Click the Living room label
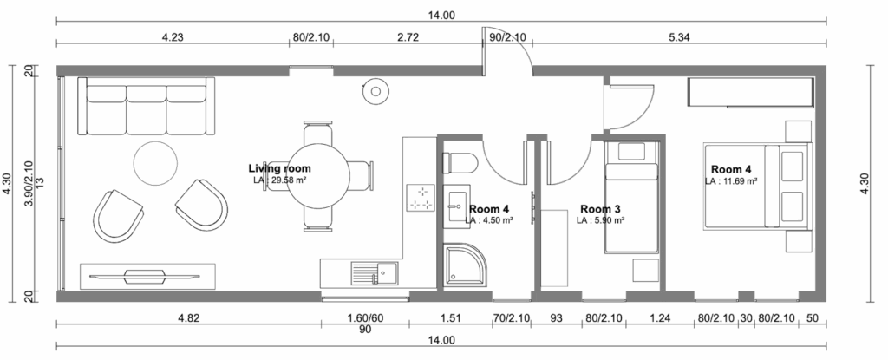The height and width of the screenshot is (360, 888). coord(280,168)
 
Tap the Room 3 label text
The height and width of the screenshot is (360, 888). coord(601,209)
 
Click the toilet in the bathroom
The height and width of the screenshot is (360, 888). coord(460,163)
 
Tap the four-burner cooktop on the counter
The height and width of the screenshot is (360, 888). coord(421,198)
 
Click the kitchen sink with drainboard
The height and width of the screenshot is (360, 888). coord(375,273)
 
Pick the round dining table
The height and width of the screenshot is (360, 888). coord(317,175)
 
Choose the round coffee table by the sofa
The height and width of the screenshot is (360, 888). coord(156,163)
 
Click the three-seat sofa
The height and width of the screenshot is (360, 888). coord(146,107)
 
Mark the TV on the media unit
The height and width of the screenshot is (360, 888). coord(145,276)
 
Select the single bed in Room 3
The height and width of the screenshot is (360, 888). coord(631,197)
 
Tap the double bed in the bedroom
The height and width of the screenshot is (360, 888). coord(758,187)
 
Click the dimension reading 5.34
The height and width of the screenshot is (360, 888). coord(678,37)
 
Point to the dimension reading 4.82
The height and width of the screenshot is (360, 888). coord(188,318)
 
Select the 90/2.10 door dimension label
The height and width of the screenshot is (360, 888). coord(506,37)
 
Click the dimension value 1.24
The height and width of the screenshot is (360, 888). coord(660,318)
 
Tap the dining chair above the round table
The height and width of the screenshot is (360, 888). coord(317,133)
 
